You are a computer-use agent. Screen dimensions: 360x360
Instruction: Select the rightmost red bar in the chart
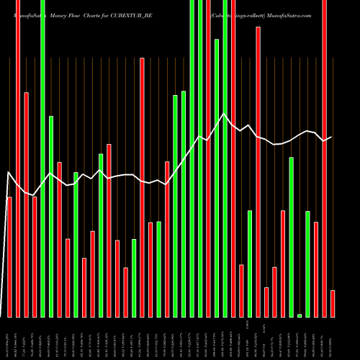pyautogui.click(x=333, y=303)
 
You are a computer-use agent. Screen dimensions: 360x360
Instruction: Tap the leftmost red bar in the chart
pyautogui.click(x=9, y=256)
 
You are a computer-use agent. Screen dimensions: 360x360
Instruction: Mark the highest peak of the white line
pyautogui.click(x=225, y=114)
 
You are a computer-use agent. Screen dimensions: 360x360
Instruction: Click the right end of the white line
pyautogui.click(x=331, y=137)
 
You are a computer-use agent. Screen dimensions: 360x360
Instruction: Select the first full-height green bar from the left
pyautogui.click(x=42, y=158)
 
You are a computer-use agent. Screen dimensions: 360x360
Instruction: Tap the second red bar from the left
pyautogui.click(x=18, y=158)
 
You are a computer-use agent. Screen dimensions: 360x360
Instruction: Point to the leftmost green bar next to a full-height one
pyautogui.click(x=50, y=216)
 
